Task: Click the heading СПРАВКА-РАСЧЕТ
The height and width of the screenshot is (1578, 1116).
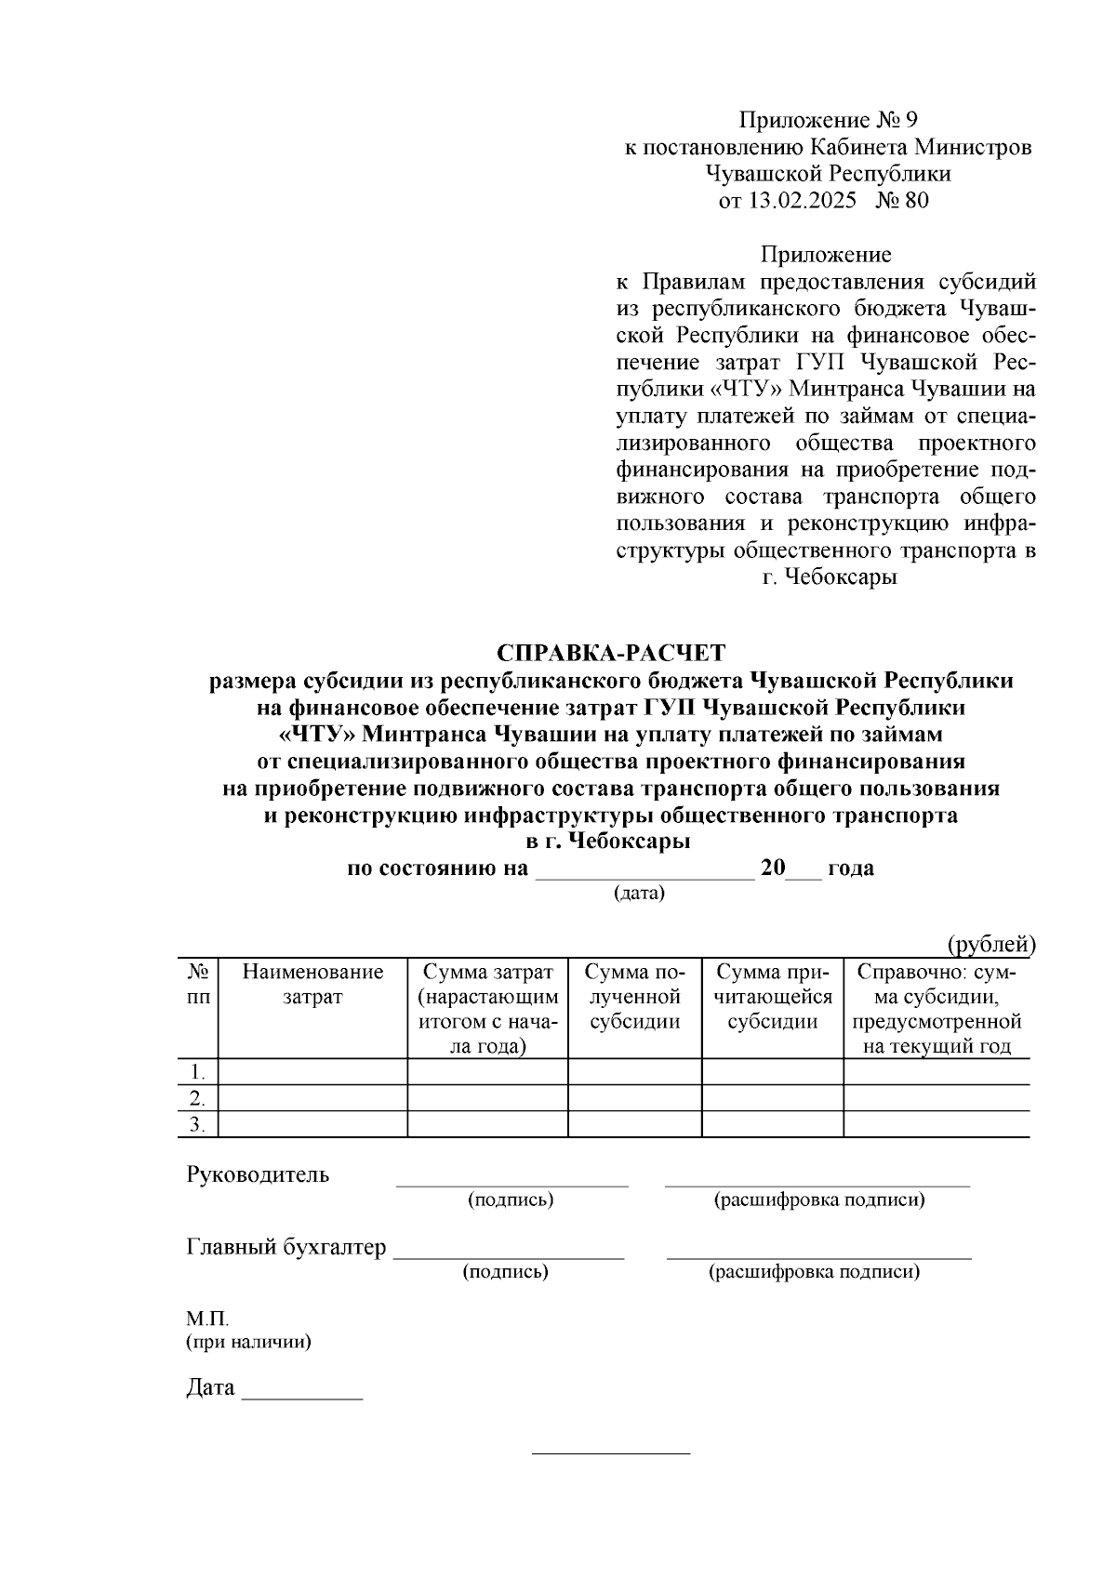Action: click(x=610, y=653)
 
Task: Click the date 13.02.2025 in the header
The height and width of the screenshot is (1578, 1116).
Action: click(x=802, y=200)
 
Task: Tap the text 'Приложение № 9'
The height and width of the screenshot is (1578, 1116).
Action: click(x=828, y=120)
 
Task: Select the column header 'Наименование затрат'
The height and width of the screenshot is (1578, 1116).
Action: click(x=312, y=985)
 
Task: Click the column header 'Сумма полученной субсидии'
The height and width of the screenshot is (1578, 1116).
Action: click(x=634, y=997)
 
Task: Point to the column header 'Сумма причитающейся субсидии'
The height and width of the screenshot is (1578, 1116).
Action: click(x=772, y=997)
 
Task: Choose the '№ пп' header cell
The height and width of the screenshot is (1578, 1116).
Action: click(x=197, y=985)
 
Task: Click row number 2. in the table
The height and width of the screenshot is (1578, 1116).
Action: click(x=197, y=1098)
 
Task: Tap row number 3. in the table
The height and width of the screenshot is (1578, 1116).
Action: click(x=197, y=1124)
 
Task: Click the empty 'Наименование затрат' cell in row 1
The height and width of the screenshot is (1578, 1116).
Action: click(x=312, y=1071)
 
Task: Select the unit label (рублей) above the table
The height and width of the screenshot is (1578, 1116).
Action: click(x=990, y=945)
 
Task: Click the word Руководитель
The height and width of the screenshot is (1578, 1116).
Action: click(x=258, y=1174)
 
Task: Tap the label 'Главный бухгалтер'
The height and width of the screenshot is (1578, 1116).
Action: click(x=286, y=1247)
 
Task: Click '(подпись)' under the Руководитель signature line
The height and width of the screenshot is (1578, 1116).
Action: click(x=511, y=1200)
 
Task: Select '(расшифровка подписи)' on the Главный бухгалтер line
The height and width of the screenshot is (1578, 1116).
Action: click(x=815, y=1271)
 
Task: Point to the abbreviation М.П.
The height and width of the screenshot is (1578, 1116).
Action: click(x=206, y=1319)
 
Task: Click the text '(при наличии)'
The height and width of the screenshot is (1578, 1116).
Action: click(x=248, y=1342)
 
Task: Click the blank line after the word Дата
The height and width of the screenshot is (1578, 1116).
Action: click(x=302, y=1397)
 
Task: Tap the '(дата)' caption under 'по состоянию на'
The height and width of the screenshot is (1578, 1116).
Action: click(x=639, y=894)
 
